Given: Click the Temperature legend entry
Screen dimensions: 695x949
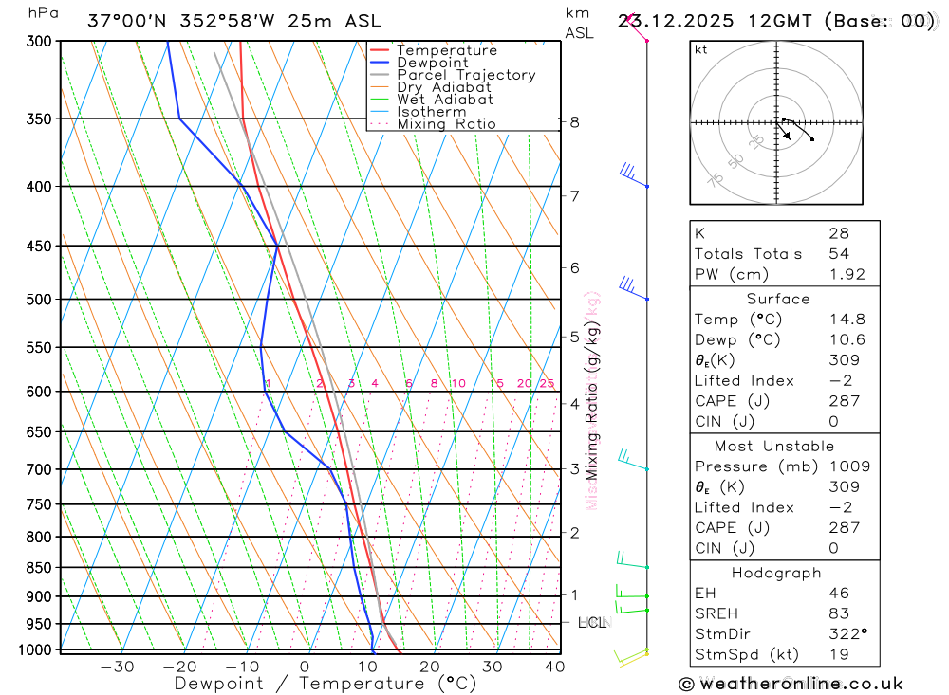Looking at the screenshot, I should click(x=446, y=50).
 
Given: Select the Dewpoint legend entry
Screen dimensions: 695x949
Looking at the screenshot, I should click(x=432, y=63).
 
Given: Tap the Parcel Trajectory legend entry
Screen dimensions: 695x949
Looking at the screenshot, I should click(x=466, y=75).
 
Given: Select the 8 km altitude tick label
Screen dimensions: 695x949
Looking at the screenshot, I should click(x=575, y=121).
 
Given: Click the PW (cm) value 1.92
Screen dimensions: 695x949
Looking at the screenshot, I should click(x=847, y=274).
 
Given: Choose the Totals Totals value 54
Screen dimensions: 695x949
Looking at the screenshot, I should click(x=838, y=253).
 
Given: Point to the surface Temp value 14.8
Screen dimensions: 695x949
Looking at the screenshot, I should click(x=847, y=320).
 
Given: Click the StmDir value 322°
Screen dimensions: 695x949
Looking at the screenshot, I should click(x=847, y=633).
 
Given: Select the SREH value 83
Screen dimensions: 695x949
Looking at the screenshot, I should click(x=838, y=613).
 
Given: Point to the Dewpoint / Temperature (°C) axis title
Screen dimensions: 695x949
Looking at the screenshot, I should click(x=326, y=683).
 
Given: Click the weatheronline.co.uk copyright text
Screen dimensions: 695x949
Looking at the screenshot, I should click(x=791, y=684).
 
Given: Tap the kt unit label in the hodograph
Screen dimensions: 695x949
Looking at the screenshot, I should click(x=701, y=50).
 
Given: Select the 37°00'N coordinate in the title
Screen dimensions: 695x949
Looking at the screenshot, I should click(x=125, y=21).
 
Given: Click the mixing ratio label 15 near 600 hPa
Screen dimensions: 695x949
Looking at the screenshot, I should click(x=496, y=383).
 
